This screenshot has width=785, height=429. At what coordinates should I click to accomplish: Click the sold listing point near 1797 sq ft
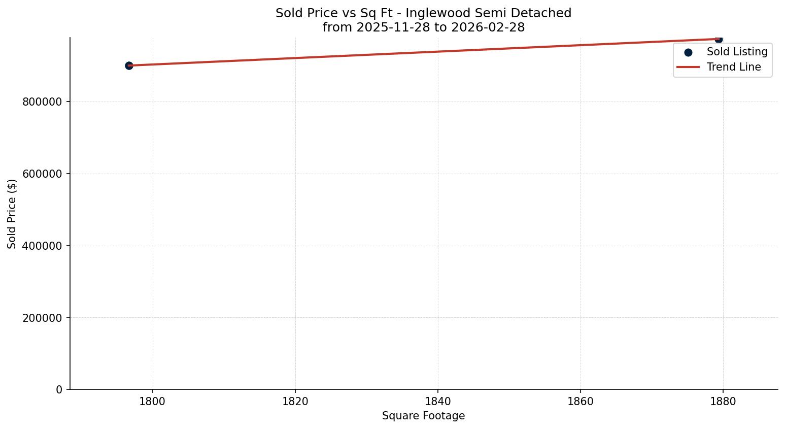click(129, 65)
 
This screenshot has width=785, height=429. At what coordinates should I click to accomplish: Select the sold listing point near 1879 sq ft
click(719, 39)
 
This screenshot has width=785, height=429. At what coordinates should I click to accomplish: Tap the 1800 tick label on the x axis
click(153, 402)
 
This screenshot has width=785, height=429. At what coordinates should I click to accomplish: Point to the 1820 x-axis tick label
click(295, 402)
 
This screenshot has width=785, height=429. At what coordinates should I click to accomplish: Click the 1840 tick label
click(438, 402)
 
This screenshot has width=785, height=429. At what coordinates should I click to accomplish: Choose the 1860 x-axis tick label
click(581, 402)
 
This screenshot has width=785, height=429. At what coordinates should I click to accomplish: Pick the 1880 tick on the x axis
click(723, 402)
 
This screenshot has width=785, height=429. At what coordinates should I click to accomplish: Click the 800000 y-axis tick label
click(42, 102)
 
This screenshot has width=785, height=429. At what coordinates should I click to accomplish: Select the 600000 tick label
click(42, 174)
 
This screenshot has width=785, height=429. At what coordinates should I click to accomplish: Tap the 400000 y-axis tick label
click(42, 246)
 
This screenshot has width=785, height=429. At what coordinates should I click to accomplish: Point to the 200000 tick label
click(42, 318)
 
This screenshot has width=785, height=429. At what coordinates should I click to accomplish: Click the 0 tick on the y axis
click(59, 390)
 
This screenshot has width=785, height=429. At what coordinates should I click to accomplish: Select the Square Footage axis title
click(423, 416)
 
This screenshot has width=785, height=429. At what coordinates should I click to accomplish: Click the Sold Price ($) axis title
click(12, 214)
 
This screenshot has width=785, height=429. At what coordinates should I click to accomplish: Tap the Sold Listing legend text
click(737, 52)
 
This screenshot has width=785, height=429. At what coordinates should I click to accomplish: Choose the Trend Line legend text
click(734, 67)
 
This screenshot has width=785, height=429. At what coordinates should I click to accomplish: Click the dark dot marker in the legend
click(688, 52)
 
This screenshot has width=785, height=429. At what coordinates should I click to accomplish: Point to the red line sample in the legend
click(688, 67)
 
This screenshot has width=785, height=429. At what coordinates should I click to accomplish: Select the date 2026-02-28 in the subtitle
click(488, 27)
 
